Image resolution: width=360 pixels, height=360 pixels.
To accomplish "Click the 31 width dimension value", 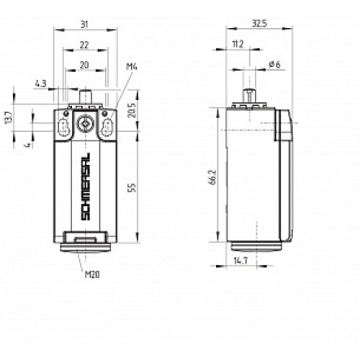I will pos(86,25).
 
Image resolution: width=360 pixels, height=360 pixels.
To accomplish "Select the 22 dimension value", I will pos(85,45).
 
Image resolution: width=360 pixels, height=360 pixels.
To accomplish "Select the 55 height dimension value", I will pos(132,186).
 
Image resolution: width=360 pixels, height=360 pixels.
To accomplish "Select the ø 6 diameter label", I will pos(274,65).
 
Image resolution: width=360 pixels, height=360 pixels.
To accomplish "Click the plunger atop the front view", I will pos(85,94).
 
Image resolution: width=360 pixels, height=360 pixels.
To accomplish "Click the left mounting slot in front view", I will pos(62,127).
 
